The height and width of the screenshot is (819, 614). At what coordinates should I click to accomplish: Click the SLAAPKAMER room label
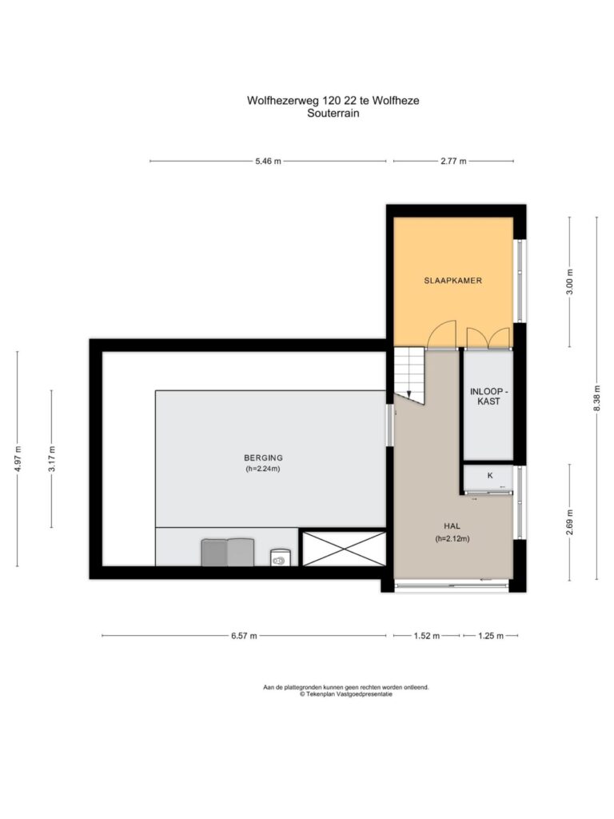pos(453,281)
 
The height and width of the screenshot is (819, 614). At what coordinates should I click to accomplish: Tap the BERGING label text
pos(263,458)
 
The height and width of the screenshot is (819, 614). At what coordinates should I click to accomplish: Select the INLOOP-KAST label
pos(488,397)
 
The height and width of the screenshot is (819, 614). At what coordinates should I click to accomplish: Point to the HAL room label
pos(453,526)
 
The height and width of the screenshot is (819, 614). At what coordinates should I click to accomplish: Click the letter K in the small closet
pos(490,475)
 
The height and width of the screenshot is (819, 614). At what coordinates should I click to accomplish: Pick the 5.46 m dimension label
pos(268,162)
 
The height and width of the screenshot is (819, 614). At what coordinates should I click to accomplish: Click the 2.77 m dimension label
pos(453,162)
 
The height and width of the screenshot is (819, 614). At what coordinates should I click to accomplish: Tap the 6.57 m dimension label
pos(244,636)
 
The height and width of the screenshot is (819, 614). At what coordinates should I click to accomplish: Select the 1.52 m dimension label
pos(427,636)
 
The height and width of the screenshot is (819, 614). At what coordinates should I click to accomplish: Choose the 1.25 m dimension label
pos(491,636)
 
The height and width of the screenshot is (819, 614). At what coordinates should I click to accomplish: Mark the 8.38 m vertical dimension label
pos(596,398)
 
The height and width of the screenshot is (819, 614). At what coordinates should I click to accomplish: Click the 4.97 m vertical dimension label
pos(18,458)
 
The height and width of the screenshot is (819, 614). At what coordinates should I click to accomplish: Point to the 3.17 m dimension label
pos(51,458)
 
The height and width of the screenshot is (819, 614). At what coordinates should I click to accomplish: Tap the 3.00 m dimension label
pos(569,282)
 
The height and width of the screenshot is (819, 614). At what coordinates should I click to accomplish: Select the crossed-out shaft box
pos(345,549)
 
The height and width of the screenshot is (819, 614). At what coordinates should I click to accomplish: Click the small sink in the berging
pos(279,557)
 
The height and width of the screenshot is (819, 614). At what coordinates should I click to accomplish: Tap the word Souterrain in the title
pos(333,114)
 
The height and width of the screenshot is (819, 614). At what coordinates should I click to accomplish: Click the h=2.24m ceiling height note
pos(263,469)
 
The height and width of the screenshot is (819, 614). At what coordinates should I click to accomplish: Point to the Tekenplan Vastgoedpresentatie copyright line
pos(345,694)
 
